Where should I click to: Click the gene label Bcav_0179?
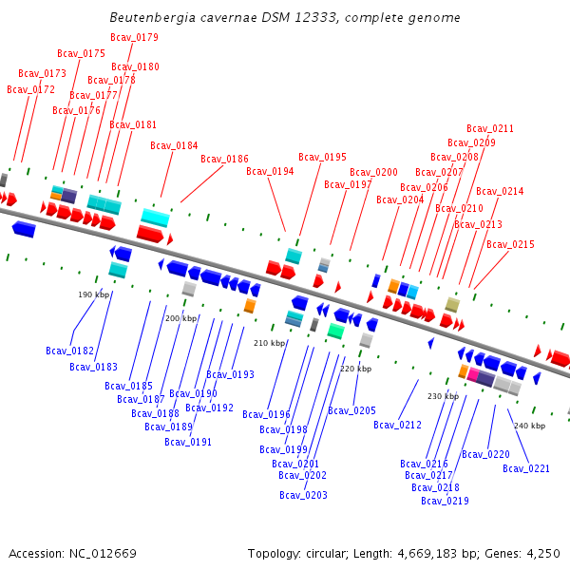[134, 37]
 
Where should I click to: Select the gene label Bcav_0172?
[30, 89]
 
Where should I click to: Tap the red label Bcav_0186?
[224, 159]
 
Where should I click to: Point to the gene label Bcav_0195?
[322, 157]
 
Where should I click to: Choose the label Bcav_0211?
[490, 128]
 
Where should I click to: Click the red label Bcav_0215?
[510, 244]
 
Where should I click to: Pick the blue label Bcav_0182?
[69, 351]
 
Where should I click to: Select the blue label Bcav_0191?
[188, 442]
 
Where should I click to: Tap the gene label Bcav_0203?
[303, 495]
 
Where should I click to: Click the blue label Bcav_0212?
[397, 425]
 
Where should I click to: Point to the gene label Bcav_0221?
[526, 468]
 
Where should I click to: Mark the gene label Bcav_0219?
[445, 501]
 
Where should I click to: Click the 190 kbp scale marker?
[94, 294]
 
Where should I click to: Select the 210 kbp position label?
[269, 343]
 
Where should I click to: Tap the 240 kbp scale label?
[529, 426]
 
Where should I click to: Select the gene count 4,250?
[541, 553]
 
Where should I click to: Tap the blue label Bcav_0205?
[351, 410]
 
